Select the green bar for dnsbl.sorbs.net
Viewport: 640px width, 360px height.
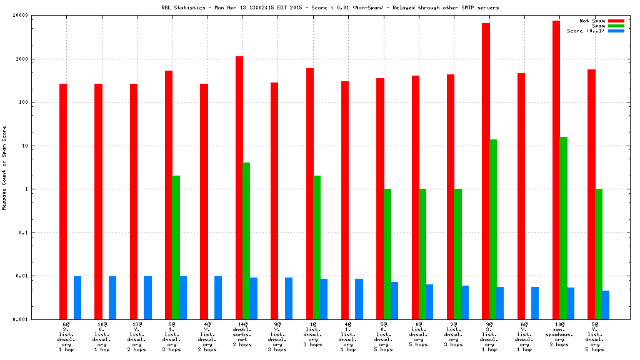pos(246,241)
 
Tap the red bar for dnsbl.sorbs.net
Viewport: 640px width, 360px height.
pos(239,187)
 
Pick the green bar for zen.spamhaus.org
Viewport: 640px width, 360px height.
pos(564,228)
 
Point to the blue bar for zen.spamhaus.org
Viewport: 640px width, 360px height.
pos(571,303)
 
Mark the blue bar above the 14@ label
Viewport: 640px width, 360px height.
pos(254,298)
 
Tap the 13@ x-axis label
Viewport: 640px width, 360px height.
pos(137,325)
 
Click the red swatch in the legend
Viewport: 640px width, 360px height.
pos(616,21)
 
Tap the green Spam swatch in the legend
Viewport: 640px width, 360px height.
pos(616,26)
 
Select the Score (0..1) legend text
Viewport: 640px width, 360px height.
pos(586,31)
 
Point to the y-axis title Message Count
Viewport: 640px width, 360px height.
pos(4,187)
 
